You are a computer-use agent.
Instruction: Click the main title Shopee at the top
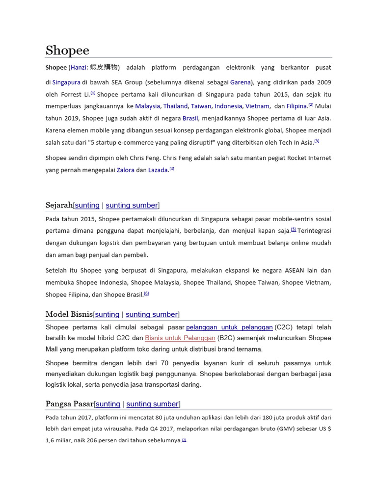coord(67,50)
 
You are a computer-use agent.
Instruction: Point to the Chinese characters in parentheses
coord(104,67)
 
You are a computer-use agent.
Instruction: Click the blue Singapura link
coord(66,82)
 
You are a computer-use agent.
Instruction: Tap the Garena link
coord(241,82)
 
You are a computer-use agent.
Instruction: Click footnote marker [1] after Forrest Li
coord(93,93)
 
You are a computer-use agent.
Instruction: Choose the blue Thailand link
coord(175,106)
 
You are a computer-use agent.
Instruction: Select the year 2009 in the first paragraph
coord(323,82)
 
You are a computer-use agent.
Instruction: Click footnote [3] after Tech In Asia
coord(317,141)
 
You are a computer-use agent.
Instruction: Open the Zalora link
coord(125,170)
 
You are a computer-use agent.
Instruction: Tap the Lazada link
coord(158,170)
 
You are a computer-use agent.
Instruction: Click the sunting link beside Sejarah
coord(87,205)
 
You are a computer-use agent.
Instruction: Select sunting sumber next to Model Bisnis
coord(152,314)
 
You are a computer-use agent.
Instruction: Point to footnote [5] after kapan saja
coord(293,229)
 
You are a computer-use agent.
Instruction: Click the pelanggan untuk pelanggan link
coord(229,327)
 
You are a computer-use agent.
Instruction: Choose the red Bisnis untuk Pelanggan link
coord(180,338)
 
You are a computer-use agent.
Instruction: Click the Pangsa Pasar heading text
coord(69,404)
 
